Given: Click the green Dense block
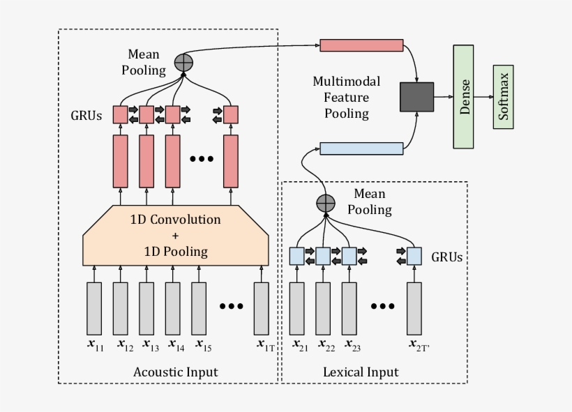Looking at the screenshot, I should (x=463, y=96).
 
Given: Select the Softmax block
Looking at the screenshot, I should (x=503, y=98).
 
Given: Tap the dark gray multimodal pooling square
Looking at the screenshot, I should (x=416, y=97).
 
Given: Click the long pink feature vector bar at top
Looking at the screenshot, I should (x=361, y=45).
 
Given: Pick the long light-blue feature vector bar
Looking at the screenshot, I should (x=361, y=148).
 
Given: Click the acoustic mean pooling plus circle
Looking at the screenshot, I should (x=183, y=62).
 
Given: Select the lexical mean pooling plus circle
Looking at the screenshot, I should (x=326, y=203).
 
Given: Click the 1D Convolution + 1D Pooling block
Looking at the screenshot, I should (x=176, y=235).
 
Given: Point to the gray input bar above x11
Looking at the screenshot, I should (x=94, y=308).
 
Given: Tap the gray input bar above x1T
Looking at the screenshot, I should (x=262, y=308).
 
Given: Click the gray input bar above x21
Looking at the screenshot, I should (x=297, y=308).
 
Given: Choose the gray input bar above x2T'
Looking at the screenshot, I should (x=415, y=308).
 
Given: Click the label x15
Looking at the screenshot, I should (x=203, y=344).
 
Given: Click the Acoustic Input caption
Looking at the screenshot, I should (x=175, y=372).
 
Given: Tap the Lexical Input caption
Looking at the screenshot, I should (x=361, y=372).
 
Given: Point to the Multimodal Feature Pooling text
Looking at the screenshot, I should (x=341, y=98).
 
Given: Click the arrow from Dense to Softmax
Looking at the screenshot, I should (x=483, y=97).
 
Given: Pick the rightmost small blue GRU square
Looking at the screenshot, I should (x=415, y=256).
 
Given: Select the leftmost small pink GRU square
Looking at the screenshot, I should (x=120, y=114).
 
